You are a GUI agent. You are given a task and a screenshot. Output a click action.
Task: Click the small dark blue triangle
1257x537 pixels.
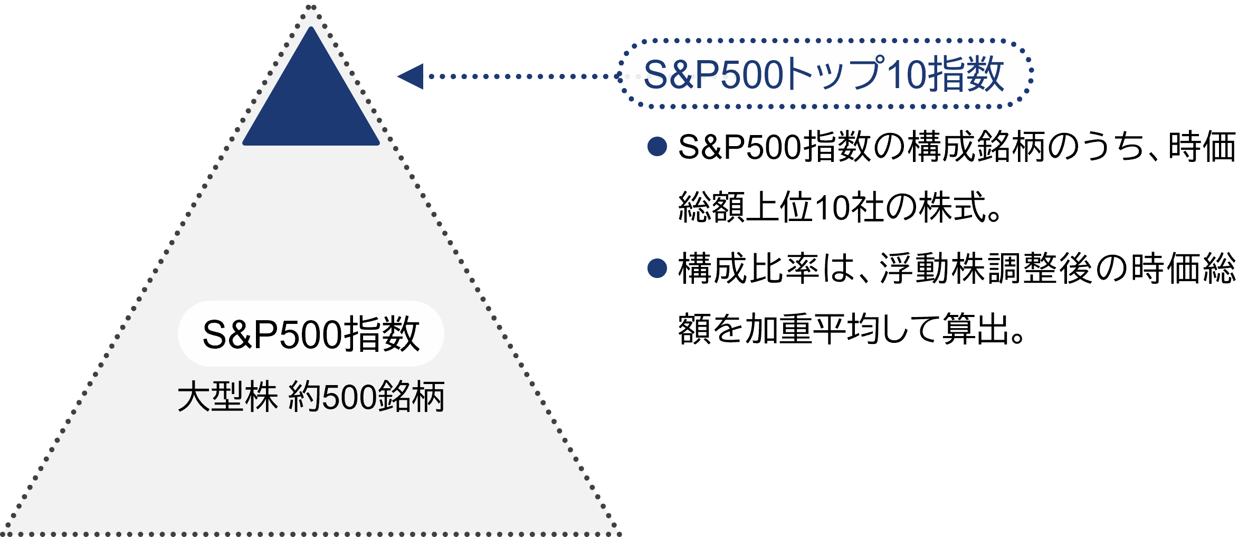[x=311, y=100]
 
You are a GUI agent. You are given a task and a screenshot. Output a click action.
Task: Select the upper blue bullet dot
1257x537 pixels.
[x=657, y=146]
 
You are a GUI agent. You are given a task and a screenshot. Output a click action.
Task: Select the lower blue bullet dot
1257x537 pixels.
[x=657, y=268]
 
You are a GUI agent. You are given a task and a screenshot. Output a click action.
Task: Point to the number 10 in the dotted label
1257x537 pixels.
[x=906, y=74]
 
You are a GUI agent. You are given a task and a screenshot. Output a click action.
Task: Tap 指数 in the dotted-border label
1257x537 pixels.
[x=966, y=74]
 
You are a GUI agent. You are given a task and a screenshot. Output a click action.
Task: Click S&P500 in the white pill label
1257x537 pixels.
[x=272, y=334]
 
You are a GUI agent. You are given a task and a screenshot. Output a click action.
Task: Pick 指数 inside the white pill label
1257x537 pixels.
[x=382, y=334]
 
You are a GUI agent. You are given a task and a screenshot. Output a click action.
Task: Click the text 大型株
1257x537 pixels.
[x=227, y=397]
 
